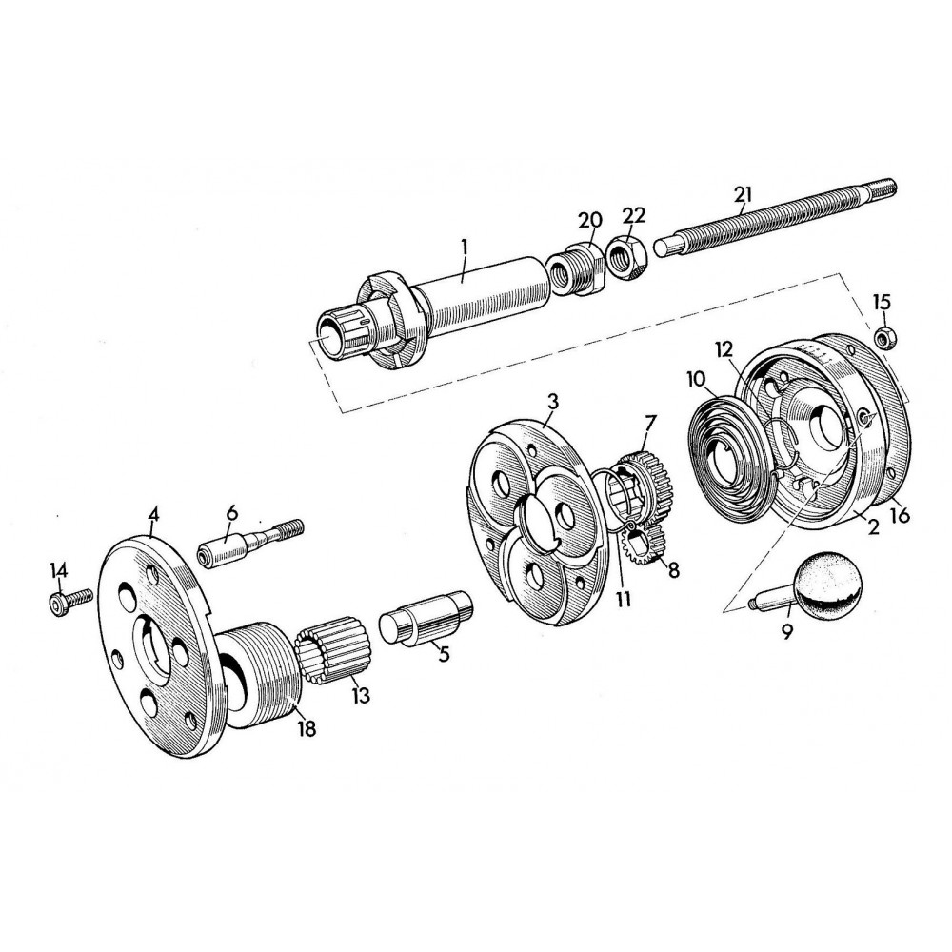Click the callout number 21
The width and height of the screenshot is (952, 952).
pos(743,194)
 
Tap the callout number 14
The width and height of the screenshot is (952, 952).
pos(59,570)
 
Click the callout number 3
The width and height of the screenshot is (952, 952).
pos(552,402)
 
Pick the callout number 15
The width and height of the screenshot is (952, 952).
pos(883,301)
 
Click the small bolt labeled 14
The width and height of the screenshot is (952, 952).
pos(70,600)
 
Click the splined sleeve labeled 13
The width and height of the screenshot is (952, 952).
pos(333,655)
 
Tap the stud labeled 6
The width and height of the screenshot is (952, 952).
pos(249,543)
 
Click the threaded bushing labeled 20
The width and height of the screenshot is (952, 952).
pos(574,269)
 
